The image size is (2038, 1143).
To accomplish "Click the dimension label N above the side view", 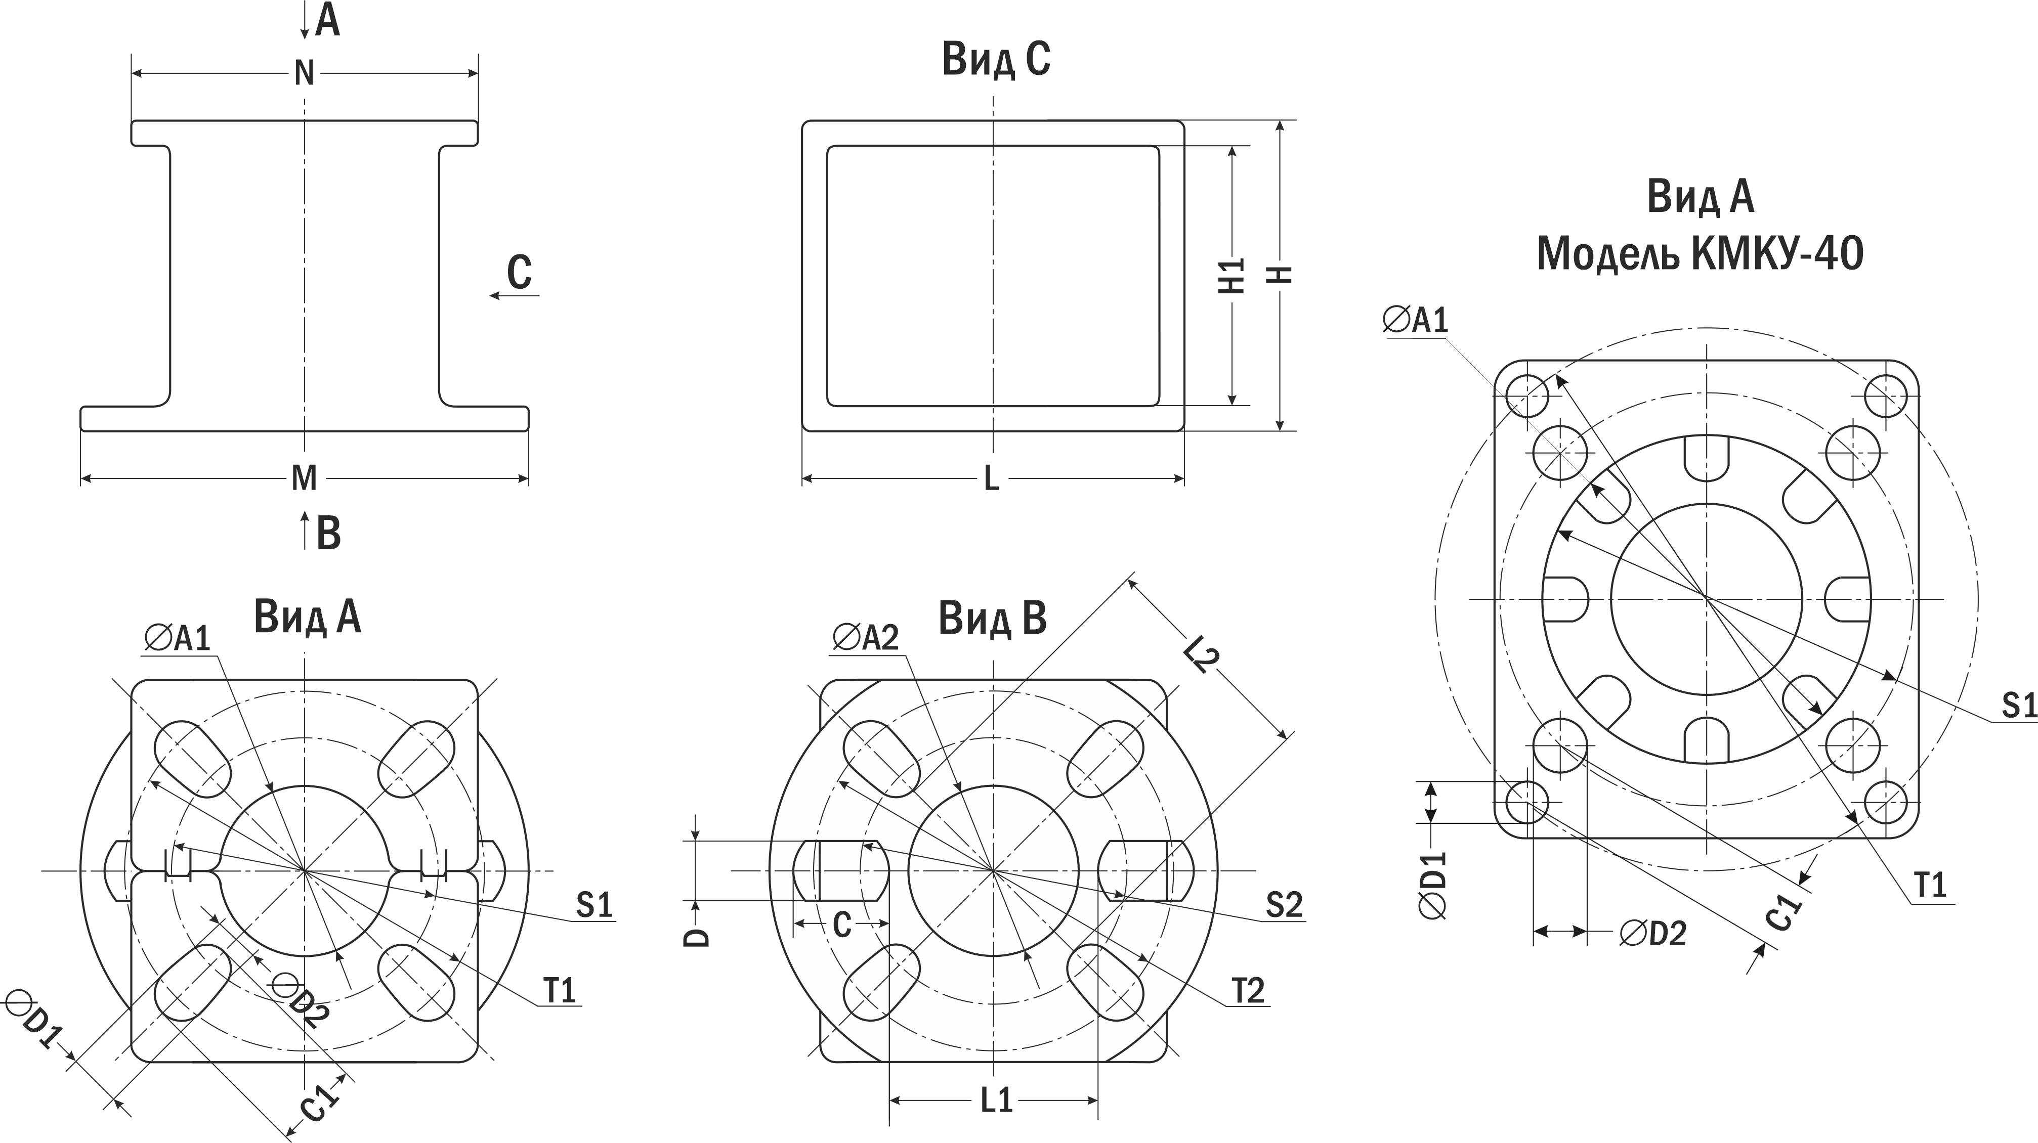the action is click(305, 73).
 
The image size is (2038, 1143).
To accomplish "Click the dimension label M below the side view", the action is click(305, 478).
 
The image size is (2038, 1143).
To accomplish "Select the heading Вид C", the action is click(996, 59).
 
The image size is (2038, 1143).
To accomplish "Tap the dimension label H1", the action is click(1232, 275).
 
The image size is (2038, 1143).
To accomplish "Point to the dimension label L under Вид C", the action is click(991, 478).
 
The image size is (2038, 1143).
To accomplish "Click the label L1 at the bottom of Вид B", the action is click(996, 1101).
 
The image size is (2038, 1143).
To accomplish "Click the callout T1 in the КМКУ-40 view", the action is click(1930, 885).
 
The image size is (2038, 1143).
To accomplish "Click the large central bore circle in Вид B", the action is click(993, 870).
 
